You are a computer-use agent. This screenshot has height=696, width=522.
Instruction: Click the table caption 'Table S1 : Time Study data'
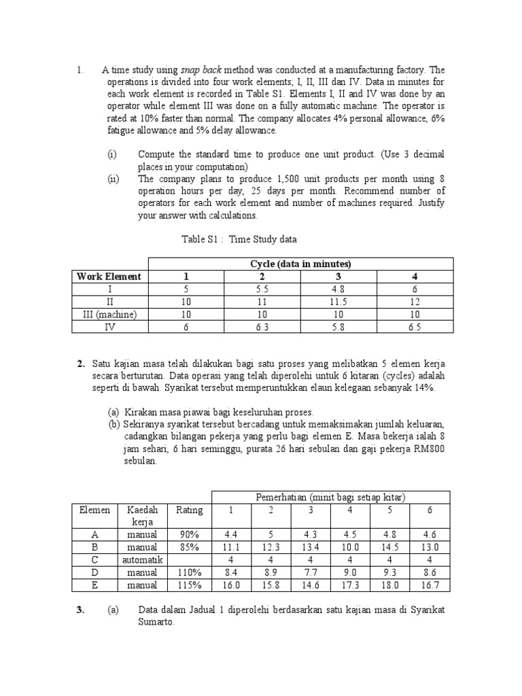click(x=239, y=239)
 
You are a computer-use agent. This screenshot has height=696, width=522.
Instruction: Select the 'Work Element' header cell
click(x=109, y=276)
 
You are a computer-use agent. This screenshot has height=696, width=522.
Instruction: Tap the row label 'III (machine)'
click(x=109, y=314)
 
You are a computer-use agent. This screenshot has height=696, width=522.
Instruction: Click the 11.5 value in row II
click(x=338, y=302)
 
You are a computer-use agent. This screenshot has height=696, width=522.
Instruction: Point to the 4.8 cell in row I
click(x=338, y=289)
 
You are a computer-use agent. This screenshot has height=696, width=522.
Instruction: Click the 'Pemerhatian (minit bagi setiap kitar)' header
click(x=331, y=498)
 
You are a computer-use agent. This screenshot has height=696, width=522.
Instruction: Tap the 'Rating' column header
click(x=190, y=510)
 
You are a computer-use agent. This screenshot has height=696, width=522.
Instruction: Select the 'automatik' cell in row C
click(x=141, y=559)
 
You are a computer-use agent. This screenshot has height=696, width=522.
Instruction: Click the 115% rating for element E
click(x=190, y=585)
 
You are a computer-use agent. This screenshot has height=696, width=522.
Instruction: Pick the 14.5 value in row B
click(x=390, y=547)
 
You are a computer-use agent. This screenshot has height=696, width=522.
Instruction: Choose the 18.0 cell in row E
click(x=390, y=585)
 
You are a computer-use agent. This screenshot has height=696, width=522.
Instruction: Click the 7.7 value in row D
click(x=311, y=572)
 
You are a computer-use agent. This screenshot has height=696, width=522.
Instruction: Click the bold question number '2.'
click(x=81, y=364)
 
